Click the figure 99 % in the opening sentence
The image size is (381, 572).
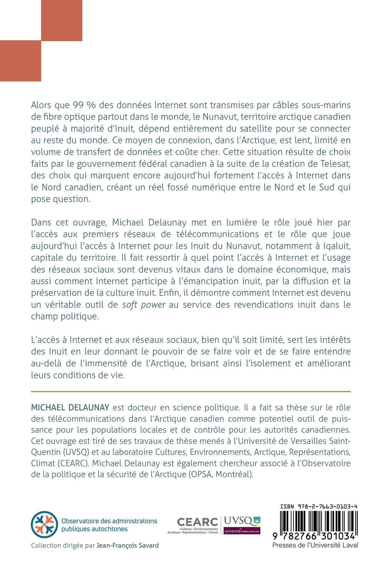pos(81,105)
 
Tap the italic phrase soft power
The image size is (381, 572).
pos(144,305)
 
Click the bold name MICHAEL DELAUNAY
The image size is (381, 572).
pos(70,407)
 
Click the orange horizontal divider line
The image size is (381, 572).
pos(190,391)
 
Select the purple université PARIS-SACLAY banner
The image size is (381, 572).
pos(242,530)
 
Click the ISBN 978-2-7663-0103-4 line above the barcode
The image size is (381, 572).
pos(318,506)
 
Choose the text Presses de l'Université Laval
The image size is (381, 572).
pos(315,545)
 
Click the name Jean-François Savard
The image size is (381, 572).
pos(127,545)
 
